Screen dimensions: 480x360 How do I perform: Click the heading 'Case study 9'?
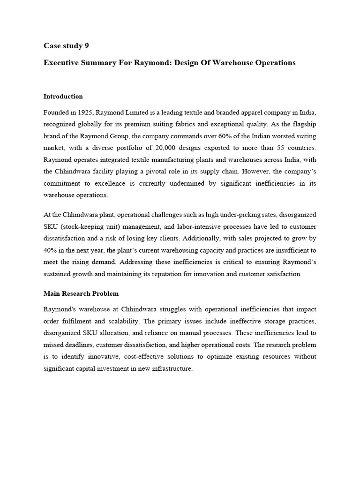66,45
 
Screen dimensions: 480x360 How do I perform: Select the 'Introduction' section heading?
63,96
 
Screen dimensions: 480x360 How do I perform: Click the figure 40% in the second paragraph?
51,251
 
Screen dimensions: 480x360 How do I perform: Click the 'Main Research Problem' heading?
81,293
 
